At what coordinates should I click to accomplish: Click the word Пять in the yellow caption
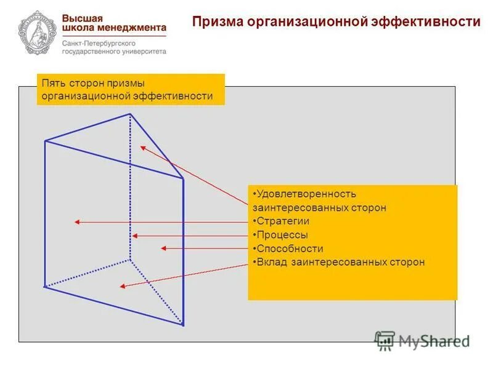pos(52,83)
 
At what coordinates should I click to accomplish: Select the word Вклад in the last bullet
pos(270,262)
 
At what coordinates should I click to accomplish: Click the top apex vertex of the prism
pos(129,114)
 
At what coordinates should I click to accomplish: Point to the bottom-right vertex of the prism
pos(184,325)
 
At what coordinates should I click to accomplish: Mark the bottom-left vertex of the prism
pos(44,287)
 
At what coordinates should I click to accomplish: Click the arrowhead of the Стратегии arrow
pos(76,222)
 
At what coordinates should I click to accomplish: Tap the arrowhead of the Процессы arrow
pos(134,236)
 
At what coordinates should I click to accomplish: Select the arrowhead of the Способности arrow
pos(163,248)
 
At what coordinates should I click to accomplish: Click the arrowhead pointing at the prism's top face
pos(142,147)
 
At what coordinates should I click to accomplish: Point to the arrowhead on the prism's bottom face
pos(123,286)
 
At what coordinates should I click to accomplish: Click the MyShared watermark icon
pos(385,340)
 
